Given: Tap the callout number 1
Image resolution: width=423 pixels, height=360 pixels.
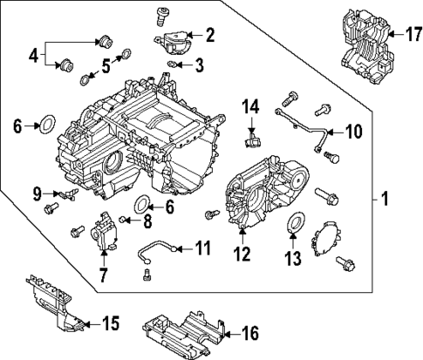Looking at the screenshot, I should pos(385,200).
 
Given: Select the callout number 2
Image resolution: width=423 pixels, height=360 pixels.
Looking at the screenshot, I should pos(209,35).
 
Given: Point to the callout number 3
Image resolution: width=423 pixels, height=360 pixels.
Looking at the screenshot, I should pos(200,65).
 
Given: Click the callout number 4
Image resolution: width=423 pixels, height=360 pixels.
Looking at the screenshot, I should pos(34,56).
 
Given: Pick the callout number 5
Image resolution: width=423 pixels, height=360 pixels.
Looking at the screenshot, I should pos(106,64).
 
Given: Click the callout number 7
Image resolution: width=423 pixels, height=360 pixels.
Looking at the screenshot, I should pos(103,276).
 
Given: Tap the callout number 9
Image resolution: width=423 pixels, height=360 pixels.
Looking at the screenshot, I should pos(37,192).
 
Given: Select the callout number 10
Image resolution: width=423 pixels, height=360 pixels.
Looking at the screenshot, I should pos(352,132).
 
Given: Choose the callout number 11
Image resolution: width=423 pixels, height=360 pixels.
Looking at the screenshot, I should pos(202,248).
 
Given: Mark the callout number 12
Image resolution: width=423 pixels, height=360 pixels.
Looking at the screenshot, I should pos(242,255).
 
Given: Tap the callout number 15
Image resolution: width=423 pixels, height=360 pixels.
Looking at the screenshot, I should pos(110,324).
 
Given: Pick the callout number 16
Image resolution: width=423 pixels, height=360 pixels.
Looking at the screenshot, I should pos(250,331).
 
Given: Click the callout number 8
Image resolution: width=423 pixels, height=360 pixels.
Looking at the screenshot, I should pos(147,220).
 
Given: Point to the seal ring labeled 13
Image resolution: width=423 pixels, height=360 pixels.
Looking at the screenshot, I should pos(295,224).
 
